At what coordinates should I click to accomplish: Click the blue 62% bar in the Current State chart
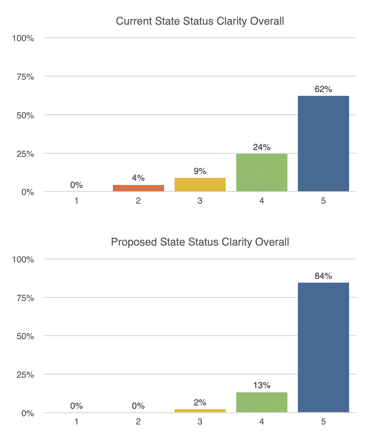coord(323,143)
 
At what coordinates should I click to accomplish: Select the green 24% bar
coord(262,173)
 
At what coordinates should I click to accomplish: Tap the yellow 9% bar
coord(200,185)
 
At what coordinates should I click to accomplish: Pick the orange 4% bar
coord(138,188)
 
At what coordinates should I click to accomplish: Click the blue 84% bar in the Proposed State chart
coord(323,347)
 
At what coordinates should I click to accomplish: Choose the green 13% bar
coord(262,402)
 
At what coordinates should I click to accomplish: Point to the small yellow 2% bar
coord(200,411)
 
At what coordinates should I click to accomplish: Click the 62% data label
coord(323,89)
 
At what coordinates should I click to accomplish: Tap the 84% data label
coord(323,276)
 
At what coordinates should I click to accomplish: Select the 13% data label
coord(262,386)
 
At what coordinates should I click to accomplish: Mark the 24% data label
coord(262,147)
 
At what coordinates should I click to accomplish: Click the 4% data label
coord(138,178)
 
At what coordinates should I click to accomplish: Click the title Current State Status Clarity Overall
coord(200,21)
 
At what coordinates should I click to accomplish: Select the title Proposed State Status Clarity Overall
coord(200,242)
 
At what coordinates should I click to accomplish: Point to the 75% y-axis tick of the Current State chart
coord(25,77)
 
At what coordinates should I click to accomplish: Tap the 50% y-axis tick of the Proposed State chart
coord(25,337)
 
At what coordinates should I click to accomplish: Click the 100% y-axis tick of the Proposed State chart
coord(23,259)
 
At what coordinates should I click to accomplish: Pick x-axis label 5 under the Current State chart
coord(323,201)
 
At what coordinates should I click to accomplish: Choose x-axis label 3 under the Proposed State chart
coord(200,422)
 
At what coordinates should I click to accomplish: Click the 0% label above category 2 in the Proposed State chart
coord(138,406)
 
